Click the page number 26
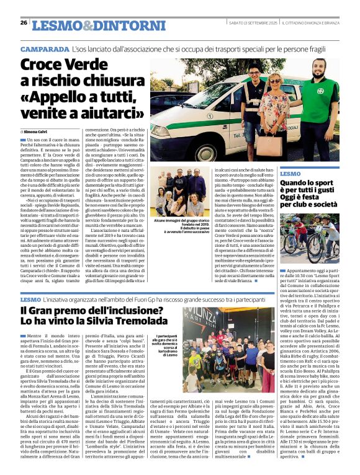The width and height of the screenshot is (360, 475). tap(24, 23)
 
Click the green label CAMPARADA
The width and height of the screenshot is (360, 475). tap(44, 48)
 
